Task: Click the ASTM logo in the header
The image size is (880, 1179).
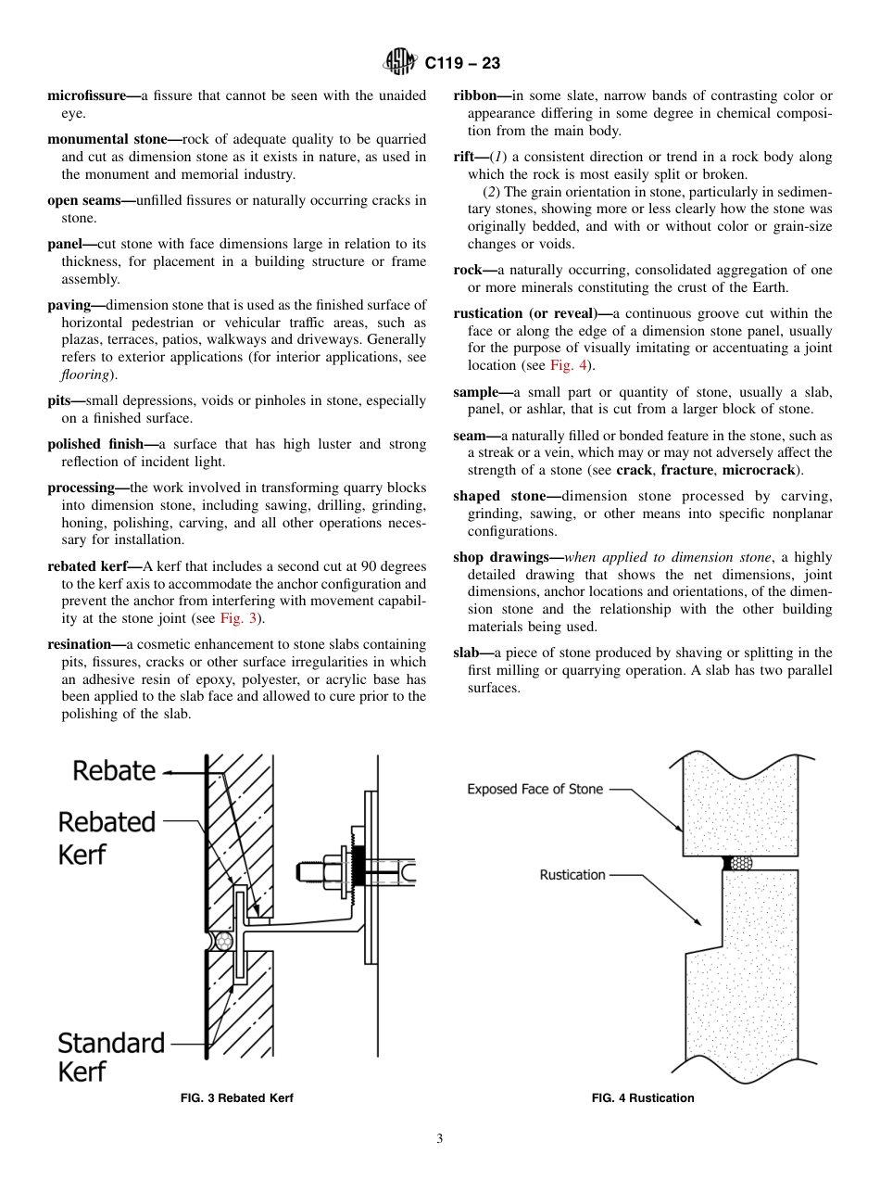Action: tap(401, 63)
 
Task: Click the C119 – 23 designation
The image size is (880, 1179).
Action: tap(462, 64)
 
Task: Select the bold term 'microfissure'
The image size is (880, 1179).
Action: tap(86, 95)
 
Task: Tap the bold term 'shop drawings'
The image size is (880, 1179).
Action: tap(505, 557)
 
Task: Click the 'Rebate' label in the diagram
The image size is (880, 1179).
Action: tap(114, 770)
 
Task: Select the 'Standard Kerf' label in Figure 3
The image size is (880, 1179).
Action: tap(110, 1057)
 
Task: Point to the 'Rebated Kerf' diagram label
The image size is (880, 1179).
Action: tap(107, 837)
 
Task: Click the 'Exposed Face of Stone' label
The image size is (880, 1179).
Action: tap(534, 790)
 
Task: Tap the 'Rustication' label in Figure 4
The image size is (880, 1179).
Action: tap(572, 874)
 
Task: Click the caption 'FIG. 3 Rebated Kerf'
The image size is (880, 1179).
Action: tap(236, 1098)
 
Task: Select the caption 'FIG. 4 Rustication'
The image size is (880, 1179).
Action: tap(643, 1098)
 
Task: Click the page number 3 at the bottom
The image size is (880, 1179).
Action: tap(440, 1139)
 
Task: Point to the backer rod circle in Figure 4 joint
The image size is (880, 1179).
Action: tap(742, 863)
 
